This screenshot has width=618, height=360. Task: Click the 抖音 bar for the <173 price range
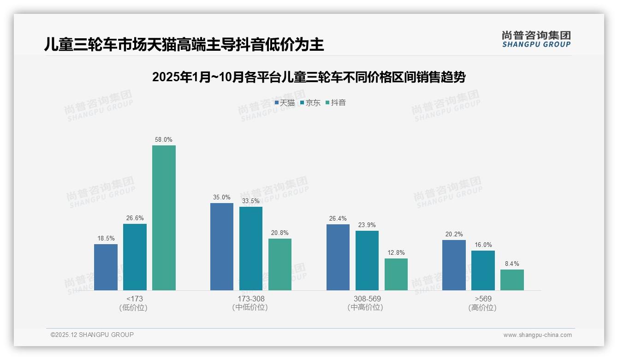(x=164, y=218)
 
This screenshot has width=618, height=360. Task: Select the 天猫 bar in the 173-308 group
(x=222, y=246)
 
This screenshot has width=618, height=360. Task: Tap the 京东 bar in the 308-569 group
(x=367, y=260)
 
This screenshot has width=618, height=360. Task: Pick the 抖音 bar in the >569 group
(x=512, y=280)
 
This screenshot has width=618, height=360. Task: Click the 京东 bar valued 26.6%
(x=135, y=257)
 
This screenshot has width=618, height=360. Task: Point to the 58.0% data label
(x=164, y=139)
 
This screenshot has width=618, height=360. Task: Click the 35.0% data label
(x=222, y=197)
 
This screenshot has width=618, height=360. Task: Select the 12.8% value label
(x=396, y=252)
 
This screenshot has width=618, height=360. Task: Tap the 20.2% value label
(x=454, y=234)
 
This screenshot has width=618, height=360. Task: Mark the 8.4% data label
(x=512, y=264)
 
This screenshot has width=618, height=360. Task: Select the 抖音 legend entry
(x=336, y=102)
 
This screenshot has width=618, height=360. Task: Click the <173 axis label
(x=135, y=299)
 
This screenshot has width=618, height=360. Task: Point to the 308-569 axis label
(x=367, y=299)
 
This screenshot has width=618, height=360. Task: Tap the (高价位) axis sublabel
(x=483, y=307)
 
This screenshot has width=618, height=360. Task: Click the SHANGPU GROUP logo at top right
(x=536, y=39)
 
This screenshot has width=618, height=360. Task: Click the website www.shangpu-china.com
(x=537, y=335)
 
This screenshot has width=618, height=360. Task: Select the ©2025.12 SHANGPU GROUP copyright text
(x=92, y=335)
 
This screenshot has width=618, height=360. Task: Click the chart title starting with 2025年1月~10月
(x=309, y=77)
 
